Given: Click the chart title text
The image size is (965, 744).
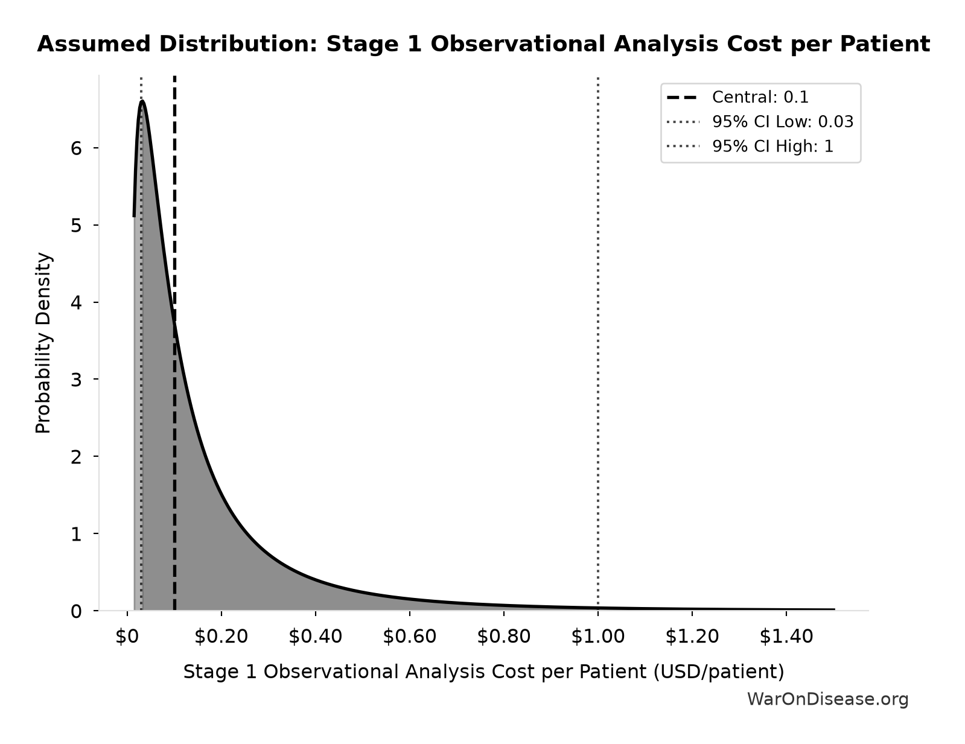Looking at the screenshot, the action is [x=483, y=45].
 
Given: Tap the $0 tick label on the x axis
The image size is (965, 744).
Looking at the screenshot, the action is [x=127, y=637].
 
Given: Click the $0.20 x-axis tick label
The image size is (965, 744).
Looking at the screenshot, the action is [x=221, y=637].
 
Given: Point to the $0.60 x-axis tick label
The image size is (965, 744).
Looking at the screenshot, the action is [x=409, y=637].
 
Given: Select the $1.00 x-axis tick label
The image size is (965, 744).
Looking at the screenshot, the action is [x=597, y=637].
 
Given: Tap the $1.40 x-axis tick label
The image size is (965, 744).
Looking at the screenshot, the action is [x=786, y=637].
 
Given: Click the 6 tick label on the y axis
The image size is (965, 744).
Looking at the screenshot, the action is [x=76, y=148].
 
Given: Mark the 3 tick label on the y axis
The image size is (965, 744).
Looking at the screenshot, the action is [x=76, y=380].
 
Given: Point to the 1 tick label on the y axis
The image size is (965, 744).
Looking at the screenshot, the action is [x=76, y=533].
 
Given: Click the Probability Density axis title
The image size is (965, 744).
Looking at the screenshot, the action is [x=43, y=343].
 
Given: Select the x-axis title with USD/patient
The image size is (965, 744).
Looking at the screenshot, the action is [x=483, y=672].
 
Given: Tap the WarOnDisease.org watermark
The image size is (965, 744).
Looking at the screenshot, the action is [x=828, y=699].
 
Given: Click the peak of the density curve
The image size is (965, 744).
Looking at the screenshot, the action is [x=142, y=101].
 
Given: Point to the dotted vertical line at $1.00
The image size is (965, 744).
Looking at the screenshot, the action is [x=597, y=343].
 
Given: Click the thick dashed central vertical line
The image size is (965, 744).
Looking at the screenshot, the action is [x=174, y=343].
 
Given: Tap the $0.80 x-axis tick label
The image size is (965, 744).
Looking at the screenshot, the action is [x=503, y=637].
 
